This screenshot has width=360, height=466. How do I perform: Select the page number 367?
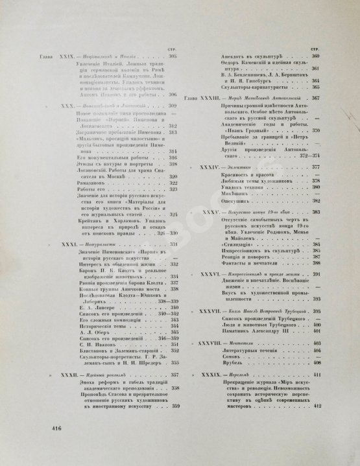(x=317, y=98)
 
